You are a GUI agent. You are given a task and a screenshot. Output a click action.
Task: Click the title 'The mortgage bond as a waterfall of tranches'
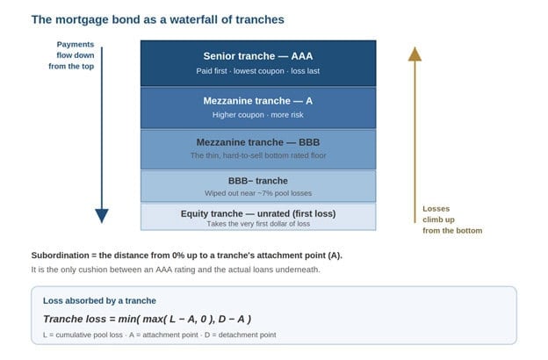pyautogui.click(x=157, y=20)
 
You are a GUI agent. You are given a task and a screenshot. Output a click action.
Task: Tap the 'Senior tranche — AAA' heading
pyautogui.click(x=258, y=56)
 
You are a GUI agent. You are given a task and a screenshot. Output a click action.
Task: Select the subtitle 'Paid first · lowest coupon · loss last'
pyautogui.click(x=258, y=71)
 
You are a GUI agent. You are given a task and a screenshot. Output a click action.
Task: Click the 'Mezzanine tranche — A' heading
pyautogui.click(x=258, y=101)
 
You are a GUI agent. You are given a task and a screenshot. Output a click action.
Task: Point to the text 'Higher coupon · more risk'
pyautogui.click(x=258, y=115)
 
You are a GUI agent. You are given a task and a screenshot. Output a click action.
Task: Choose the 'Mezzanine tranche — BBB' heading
pyautogui.click(x=258, y=142)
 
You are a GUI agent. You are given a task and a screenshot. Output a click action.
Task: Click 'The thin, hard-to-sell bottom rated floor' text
pyautogui.click(x=258, y=155)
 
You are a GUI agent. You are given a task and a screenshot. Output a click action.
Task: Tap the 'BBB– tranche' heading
pyautogui.click(x=258, y=181)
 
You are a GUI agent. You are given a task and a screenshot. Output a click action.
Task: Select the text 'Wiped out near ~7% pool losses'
pyautogui.click(x=258, y=193)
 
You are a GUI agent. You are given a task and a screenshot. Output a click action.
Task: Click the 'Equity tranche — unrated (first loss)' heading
pyautogui.click(x=258, y=213)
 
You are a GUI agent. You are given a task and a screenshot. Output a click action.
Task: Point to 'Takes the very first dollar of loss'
pyautogui.click(x=258, y=224)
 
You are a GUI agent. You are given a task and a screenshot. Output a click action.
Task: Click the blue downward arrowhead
pyautogui.click(x=102, y=216)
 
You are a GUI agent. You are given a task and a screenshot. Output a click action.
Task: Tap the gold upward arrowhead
pyautogui.click(x=415, y=54)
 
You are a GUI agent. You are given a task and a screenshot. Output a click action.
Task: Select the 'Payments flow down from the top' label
pyautogui.click(x=72, y=55)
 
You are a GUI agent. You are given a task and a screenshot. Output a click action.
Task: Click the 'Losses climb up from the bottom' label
pyautogui.click(x=452, y=220)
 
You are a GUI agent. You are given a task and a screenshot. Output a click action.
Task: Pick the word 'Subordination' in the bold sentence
pyautogui.click(x=60, y=256)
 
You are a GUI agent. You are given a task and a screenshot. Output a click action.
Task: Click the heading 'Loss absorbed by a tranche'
pyautogui.click(x=99, y=300)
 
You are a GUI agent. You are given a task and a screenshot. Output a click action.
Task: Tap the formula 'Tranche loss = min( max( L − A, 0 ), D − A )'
pyautogui.click(x=148, y=319)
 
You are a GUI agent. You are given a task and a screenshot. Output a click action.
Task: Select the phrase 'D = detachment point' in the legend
pyautogui.click(x=240, y=335)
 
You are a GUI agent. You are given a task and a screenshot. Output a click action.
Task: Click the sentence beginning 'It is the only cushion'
pyautogui.click(x=176, y=270)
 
